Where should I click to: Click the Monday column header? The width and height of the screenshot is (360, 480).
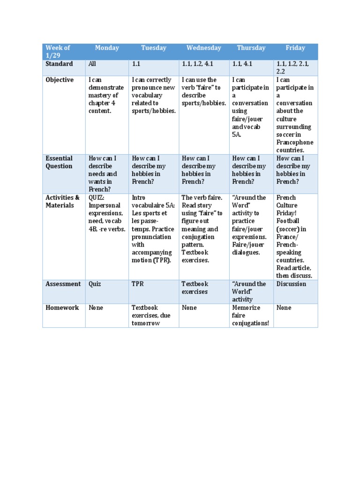107,48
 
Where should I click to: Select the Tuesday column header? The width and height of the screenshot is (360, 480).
153,48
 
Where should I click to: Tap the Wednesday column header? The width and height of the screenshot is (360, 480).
203,48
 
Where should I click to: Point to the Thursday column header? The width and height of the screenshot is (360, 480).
251,48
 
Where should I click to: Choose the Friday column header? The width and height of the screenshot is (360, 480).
295,48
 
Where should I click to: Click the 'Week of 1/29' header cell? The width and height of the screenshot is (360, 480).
58,52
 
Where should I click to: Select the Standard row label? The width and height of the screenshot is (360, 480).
59,64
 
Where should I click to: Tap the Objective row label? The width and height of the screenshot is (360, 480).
60,80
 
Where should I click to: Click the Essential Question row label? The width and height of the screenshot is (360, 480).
59,162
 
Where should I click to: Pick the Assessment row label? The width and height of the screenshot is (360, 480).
63,284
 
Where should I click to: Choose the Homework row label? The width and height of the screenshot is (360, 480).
62,308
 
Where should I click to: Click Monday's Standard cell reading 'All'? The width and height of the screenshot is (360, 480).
92,64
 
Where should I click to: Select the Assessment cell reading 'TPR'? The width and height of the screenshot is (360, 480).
138,284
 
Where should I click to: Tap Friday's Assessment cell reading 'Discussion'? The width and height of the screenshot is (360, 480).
291,284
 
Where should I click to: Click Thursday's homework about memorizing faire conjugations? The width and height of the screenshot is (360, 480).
251,315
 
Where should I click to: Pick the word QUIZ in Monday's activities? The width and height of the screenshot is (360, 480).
96,198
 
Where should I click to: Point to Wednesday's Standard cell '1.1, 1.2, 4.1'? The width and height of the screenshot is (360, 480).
197,64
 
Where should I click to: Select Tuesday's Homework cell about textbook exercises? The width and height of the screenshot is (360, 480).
151,315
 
